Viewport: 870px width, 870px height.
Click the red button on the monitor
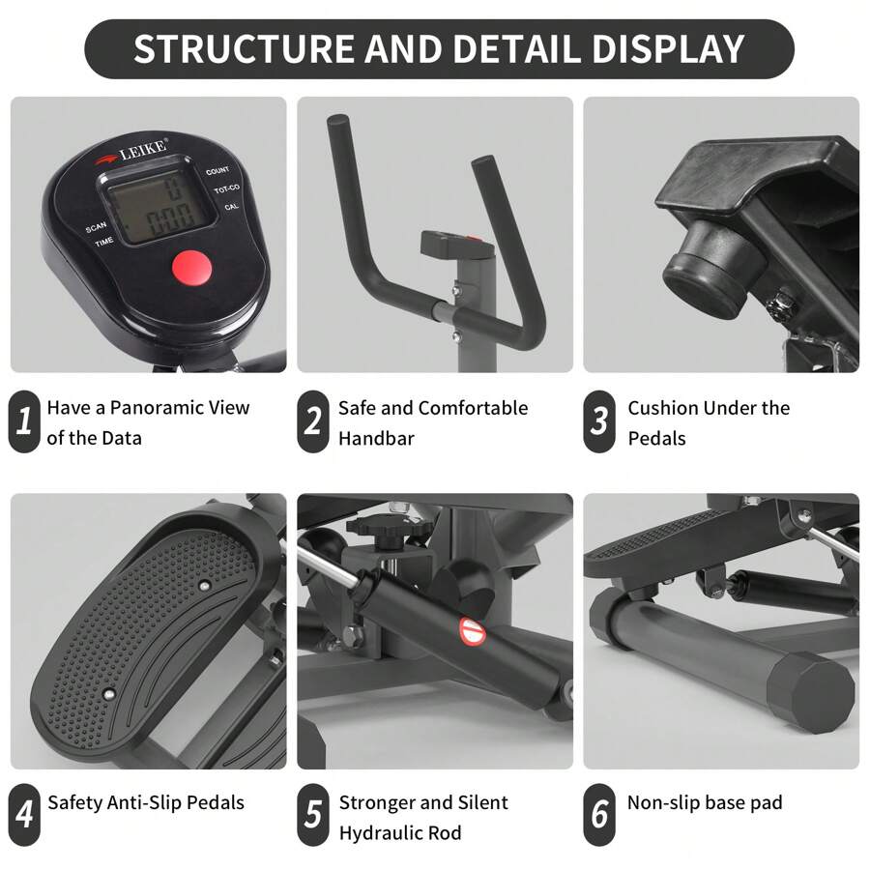point(190,267)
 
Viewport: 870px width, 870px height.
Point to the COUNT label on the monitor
point(217,171)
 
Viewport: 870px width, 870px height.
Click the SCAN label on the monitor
point(96,228)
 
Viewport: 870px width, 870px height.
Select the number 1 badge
point(24,421)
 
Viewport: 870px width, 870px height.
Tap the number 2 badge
point(313,421)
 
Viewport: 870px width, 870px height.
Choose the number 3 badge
point(600,421)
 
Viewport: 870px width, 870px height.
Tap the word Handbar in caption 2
point(376,438)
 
